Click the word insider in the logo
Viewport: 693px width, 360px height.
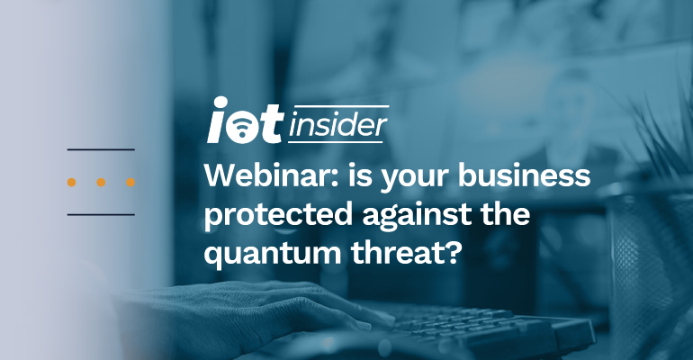point(338,127)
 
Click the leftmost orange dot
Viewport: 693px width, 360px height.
point(71,182)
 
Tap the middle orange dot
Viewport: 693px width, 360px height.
point(101,182)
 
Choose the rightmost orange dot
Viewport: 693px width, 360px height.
point(130,182)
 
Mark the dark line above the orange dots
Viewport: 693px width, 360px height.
point(101,149)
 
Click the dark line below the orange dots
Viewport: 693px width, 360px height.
point(101,214)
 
